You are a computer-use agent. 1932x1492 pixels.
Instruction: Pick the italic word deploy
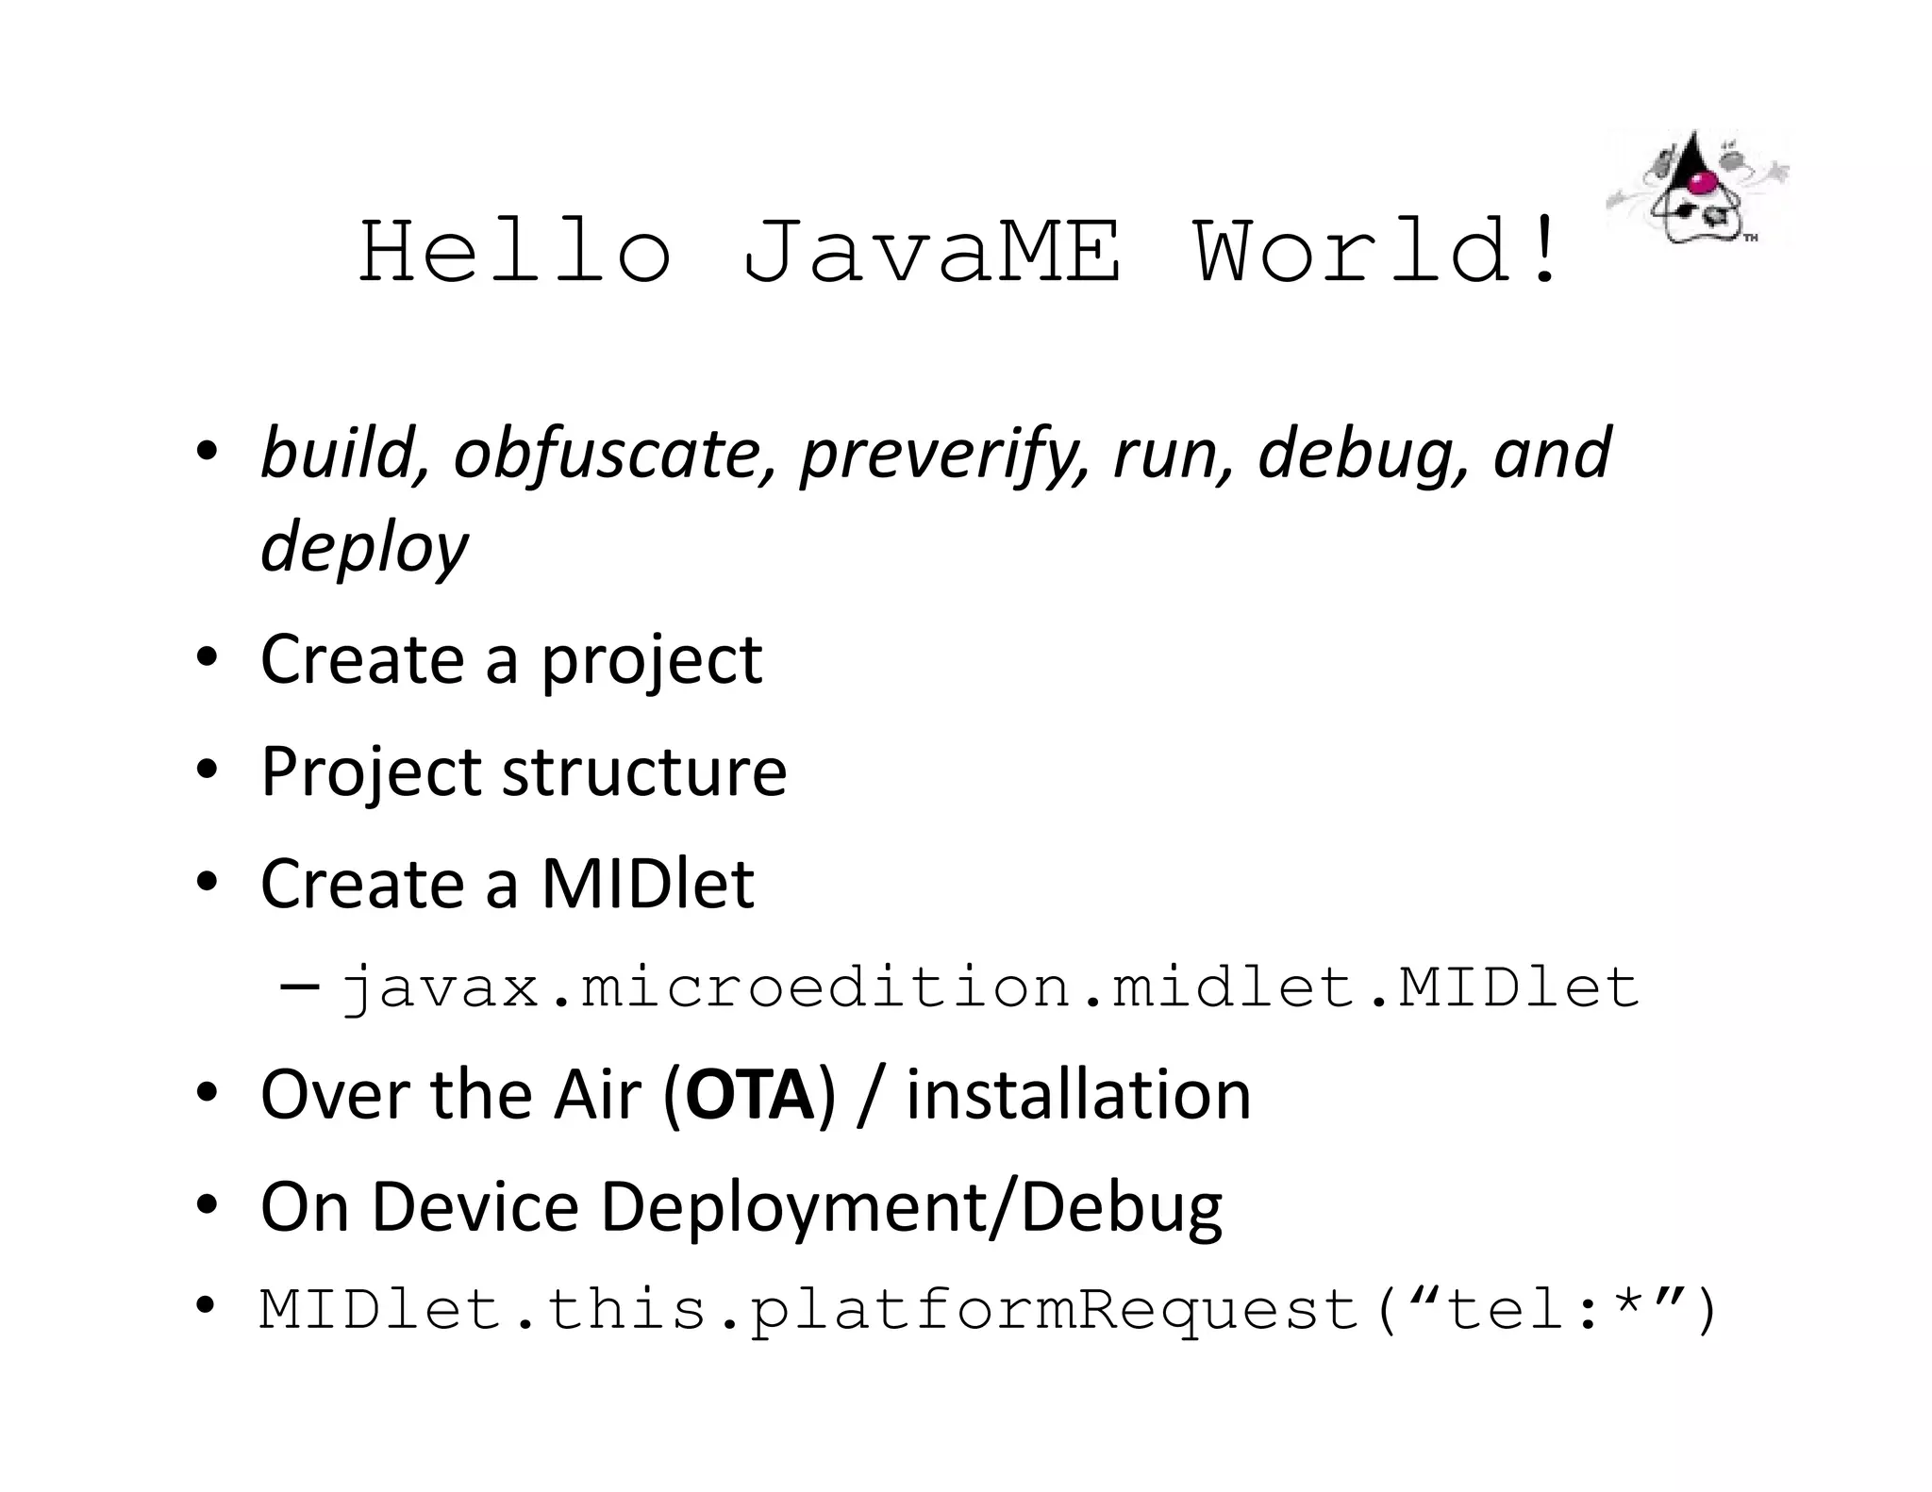pos(364,548)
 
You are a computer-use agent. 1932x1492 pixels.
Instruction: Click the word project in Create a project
pos(651,661)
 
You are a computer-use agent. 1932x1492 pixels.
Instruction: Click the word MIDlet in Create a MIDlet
pos(647,885)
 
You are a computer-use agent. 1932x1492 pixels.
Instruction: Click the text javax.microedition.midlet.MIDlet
pos(989,987)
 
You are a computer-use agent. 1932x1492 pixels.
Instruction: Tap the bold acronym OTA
pos(750,1095)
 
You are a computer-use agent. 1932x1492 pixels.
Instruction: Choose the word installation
pos(1078,1095)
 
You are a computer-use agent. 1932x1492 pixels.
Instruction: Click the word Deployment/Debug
pos(911,1207)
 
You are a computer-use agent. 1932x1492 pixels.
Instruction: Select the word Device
pos(475,1207)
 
